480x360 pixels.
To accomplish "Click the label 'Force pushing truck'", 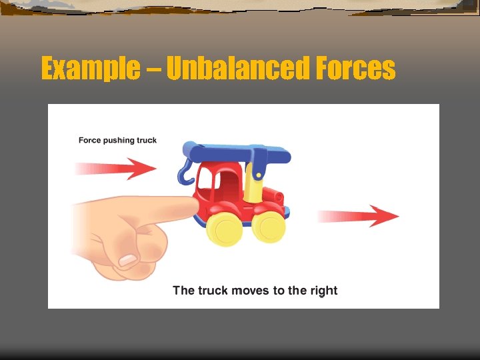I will tap(117, 140).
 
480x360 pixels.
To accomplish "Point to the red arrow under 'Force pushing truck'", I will tap(117, 167).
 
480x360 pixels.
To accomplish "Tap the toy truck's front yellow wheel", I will tap(225, 229).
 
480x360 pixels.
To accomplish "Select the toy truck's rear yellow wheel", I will tap(271, 227).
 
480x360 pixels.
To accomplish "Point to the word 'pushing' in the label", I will tap(119, 140).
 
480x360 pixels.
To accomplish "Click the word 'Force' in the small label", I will tap(89, 140).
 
